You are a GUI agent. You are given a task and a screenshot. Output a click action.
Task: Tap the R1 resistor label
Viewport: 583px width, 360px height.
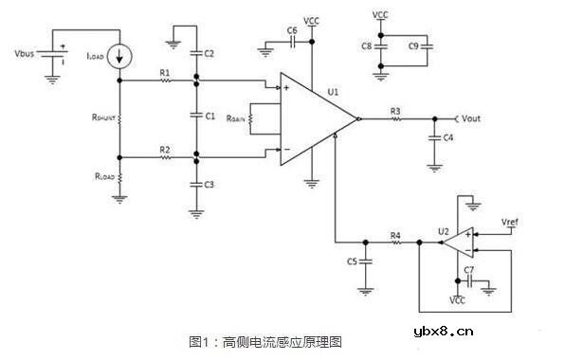tap(165, 72)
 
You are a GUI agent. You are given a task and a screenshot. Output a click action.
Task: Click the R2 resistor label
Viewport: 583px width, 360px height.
tap(165, 149)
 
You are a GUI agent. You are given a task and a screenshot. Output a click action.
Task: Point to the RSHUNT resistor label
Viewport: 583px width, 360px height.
tap(105, 118)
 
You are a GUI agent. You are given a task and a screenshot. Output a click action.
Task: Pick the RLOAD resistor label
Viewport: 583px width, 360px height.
tap(105, 176)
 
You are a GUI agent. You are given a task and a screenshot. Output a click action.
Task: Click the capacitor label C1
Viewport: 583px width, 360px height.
tap(210, 116)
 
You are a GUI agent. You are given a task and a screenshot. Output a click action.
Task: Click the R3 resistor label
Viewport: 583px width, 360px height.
tap(395, 111)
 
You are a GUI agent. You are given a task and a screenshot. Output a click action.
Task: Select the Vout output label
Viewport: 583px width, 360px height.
tap(473, 118)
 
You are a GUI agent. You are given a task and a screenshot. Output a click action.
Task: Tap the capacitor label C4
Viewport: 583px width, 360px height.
tap(446, 138)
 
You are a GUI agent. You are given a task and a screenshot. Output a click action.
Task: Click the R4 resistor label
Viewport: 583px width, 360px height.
tap(395, 233)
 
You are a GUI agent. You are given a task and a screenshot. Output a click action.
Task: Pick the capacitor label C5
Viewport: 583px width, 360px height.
tap(352, 261)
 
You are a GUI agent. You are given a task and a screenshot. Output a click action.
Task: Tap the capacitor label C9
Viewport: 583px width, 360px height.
tap(413, 45)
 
